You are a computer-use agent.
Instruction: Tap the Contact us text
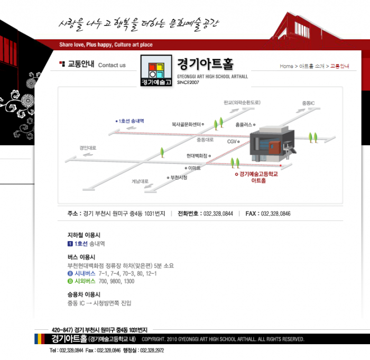pos(112,66)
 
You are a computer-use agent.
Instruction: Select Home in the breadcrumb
pos(286,66)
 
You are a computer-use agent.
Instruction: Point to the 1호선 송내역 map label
pos(130,121)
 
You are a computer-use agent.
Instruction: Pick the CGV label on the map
pos(232,142)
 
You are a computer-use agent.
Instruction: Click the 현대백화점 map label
pos(197,156)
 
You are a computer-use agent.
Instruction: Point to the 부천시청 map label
pos(179,178)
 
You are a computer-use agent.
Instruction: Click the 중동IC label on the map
pos(308,103)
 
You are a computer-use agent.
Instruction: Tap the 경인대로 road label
pos(88,148)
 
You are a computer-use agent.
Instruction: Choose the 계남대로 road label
pos(140,181)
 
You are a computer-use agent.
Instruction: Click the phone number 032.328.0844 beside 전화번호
pos(218,214)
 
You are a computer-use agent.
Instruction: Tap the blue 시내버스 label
pos(85,274)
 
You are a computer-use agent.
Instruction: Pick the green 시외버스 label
pos(85,281)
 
